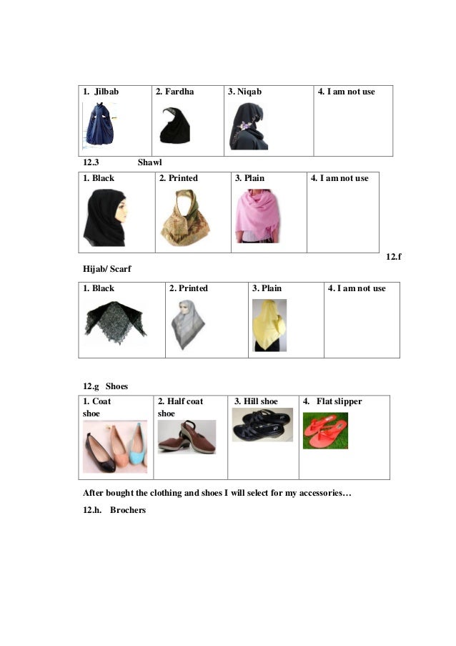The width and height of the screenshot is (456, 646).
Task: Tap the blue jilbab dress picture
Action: tap(98, 124)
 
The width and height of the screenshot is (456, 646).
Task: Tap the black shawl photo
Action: tap(105, 217)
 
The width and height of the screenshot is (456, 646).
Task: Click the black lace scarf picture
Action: tap(115, 318)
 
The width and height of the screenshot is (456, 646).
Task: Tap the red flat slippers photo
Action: tap(325, 430)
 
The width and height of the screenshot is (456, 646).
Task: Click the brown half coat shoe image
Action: tap(187, 436)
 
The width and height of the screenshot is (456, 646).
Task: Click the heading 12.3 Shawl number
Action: tap(91, 163)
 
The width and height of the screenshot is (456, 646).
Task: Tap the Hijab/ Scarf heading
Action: tap(107, 270)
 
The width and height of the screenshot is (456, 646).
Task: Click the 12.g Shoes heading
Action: tap(105, 386)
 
